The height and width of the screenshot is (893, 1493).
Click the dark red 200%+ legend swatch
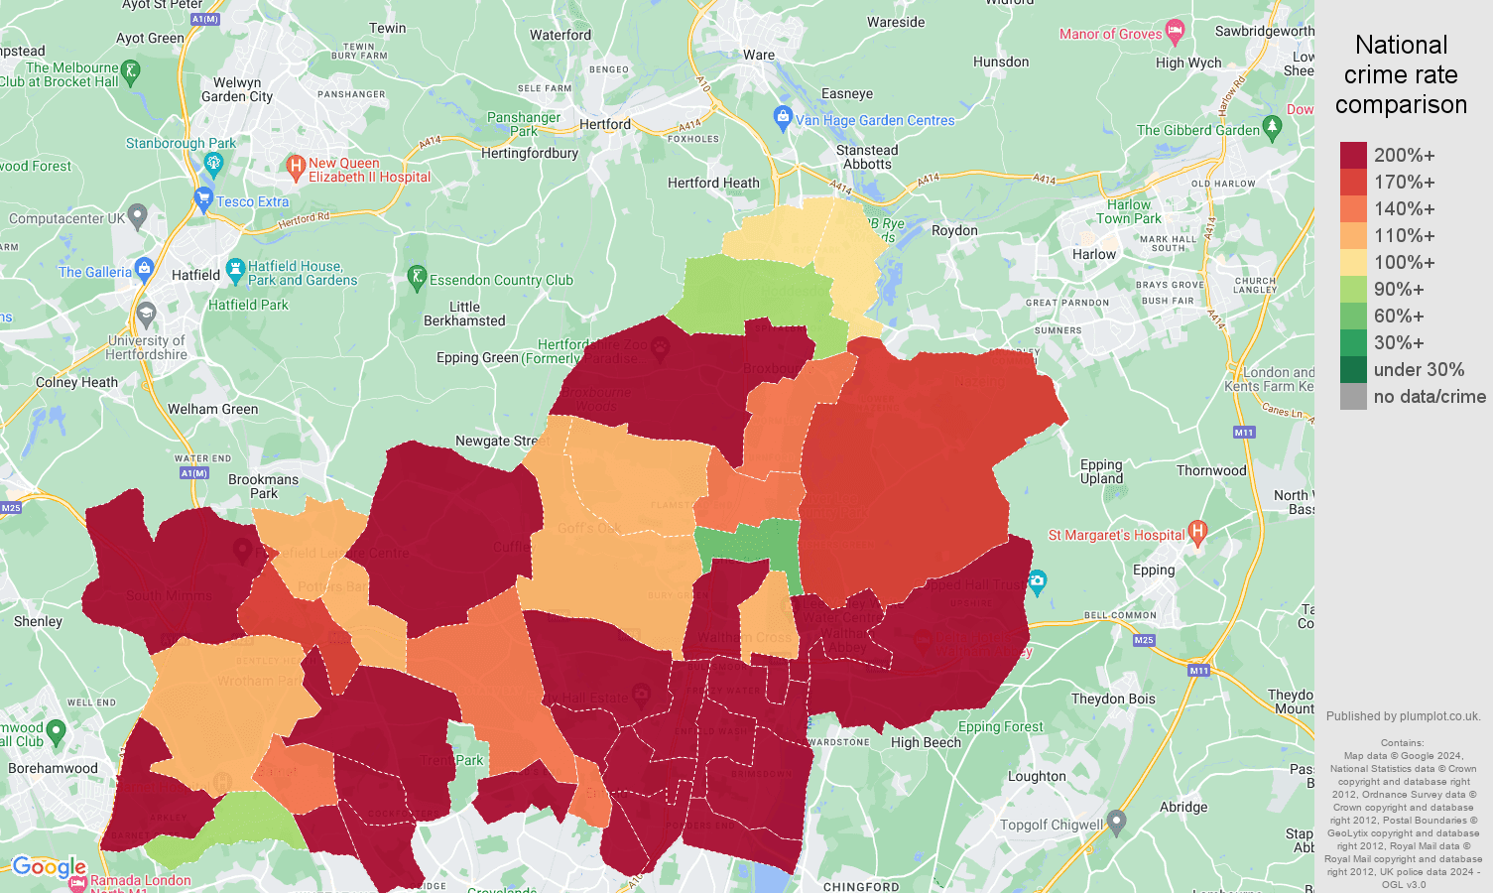[1353, 155]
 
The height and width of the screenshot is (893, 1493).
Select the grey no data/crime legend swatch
[1353, 397]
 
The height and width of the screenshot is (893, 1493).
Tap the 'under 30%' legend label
[1419, 370]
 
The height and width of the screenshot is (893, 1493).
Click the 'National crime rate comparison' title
[1401, 75]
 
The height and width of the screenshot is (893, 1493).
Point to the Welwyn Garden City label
[237, 89]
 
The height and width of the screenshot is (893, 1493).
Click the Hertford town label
[604, 124]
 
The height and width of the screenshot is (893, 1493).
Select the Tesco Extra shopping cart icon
[204, 198]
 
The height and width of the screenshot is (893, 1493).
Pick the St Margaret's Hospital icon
[1197, 533]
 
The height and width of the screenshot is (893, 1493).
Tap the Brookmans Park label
[263, 486]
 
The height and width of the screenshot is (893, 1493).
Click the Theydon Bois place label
[1113, 699]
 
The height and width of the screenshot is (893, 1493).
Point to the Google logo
[49, 867]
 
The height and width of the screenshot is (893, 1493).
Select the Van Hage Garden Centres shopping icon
[783, 118]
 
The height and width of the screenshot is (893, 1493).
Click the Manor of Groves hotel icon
[1176, 32]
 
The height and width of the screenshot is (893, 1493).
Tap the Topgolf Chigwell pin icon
[1116, 822]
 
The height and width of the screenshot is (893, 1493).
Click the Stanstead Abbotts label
[867, 157]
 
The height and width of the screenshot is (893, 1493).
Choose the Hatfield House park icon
[235, 269]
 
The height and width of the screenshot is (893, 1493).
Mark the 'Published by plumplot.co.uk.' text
[1403, 716]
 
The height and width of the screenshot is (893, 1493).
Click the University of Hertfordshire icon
[147, 315]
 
